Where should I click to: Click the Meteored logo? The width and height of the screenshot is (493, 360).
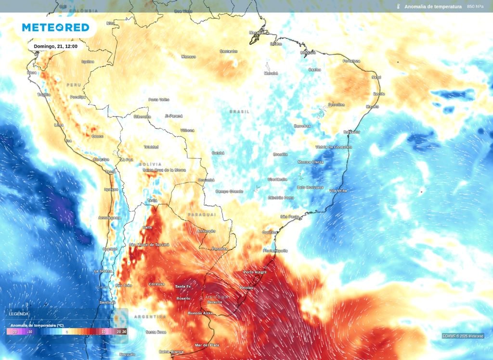pos(55,27)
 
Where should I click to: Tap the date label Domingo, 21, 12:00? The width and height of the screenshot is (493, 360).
pos(56,46)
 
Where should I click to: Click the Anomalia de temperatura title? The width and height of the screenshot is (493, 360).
pos(433,7)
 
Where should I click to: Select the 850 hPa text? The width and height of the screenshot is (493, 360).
pos(475,7)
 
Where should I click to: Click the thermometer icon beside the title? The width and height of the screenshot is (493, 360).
pos(398,7)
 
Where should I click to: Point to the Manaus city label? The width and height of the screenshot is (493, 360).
pos(188,57)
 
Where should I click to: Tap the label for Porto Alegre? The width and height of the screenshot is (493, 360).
pos(255,272)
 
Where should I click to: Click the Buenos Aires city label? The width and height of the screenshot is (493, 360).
pos(200,313)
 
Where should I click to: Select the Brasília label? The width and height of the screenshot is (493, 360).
pos(280,154)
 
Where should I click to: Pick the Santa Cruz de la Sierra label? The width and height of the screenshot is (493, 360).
pos(164,170)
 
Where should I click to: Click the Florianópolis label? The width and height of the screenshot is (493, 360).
pos(275,251)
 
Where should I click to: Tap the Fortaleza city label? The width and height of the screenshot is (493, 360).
pos(351,61)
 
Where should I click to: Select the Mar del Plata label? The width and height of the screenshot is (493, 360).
pos(207,345)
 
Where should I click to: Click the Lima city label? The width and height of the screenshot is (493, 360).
pos(59,125)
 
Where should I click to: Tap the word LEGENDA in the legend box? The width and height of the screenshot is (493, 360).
pos(19,314)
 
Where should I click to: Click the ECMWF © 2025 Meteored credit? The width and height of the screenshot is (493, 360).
pos(463,336)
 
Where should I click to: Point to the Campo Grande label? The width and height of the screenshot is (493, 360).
pos(229,192)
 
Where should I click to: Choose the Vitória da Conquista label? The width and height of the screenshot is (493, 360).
pos(334,147)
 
